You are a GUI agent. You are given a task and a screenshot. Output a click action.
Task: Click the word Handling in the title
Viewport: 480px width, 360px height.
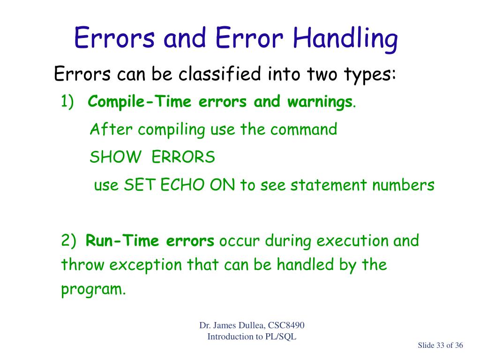[345, 39]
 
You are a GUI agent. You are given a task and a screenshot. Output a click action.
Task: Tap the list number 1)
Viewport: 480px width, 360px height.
[67, 101]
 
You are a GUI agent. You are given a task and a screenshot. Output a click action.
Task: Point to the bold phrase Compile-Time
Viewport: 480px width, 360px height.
[139, 102]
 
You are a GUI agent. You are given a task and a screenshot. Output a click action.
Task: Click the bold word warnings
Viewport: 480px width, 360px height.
[320, 102]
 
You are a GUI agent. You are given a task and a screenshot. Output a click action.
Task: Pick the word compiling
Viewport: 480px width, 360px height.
[172, 130]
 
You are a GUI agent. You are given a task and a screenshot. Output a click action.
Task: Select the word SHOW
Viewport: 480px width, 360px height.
[115, 157]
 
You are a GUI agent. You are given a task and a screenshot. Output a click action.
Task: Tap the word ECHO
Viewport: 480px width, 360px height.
[182, 185]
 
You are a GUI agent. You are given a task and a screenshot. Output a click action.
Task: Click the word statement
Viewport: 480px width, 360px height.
[329, 185]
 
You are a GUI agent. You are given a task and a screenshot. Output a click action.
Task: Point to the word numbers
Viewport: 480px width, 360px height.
[403, 185]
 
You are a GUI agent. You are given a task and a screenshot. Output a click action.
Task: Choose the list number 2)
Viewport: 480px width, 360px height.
[68, 240]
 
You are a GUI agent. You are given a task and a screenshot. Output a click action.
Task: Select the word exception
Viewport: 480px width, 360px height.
[146, 265]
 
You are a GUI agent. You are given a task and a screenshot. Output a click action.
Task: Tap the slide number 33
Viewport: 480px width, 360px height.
[440, 345]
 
